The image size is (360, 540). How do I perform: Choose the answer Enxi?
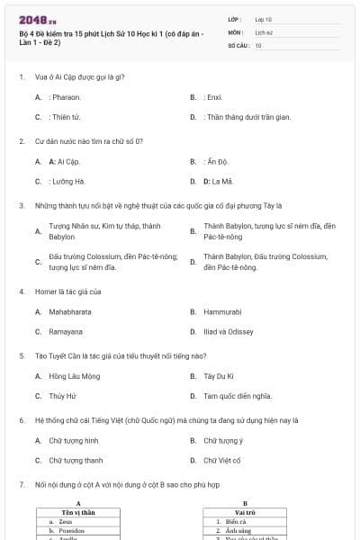tap(213, 96)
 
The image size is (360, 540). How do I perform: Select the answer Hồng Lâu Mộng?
tap(75, 375)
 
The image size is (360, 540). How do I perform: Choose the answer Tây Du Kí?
tap(220, 375)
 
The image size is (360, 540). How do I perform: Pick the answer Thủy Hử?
tap(64, 395)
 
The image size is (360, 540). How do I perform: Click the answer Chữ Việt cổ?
tap(222, 460)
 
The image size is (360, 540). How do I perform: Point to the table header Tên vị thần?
tap(78, 512)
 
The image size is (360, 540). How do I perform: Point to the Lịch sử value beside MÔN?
tap(264, 31)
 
